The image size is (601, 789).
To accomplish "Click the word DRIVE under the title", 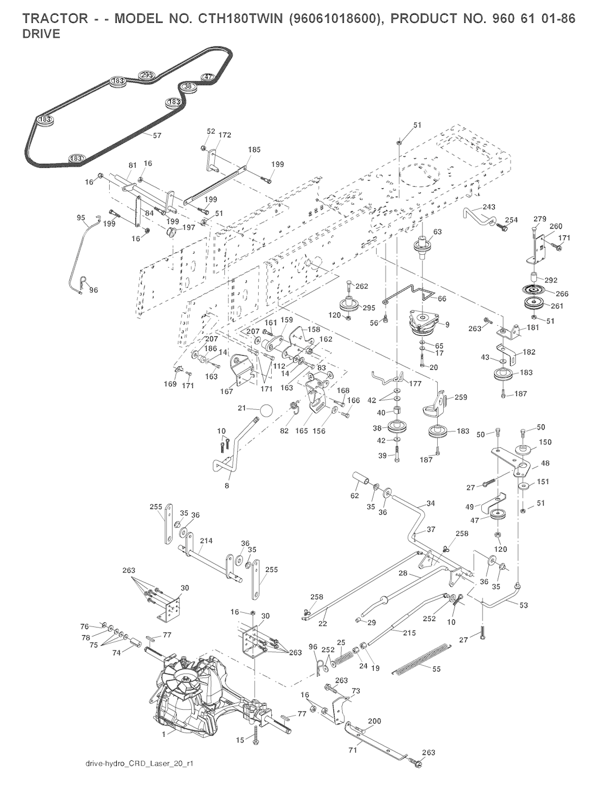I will [x=41, y=34].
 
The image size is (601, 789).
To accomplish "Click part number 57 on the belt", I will [x=157, y=135].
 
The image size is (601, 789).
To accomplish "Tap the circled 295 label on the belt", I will [x=146, y=75].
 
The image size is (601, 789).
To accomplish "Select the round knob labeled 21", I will [x=265, y=410].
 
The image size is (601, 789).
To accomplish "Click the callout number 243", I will [x=488, y=207].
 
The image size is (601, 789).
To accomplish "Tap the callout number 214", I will [x=206, y=541].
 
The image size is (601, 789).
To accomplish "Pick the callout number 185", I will [x=254, y=150].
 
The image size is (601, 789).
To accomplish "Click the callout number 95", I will [x=82, y=218].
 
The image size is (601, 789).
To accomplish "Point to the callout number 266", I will [x=562, y=294].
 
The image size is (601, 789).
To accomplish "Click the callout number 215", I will [x=408, y=632].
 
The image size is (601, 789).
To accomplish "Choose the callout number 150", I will [x=545, y=442].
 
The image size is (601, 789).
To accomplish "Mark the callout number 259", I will [x=460, y=397].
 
